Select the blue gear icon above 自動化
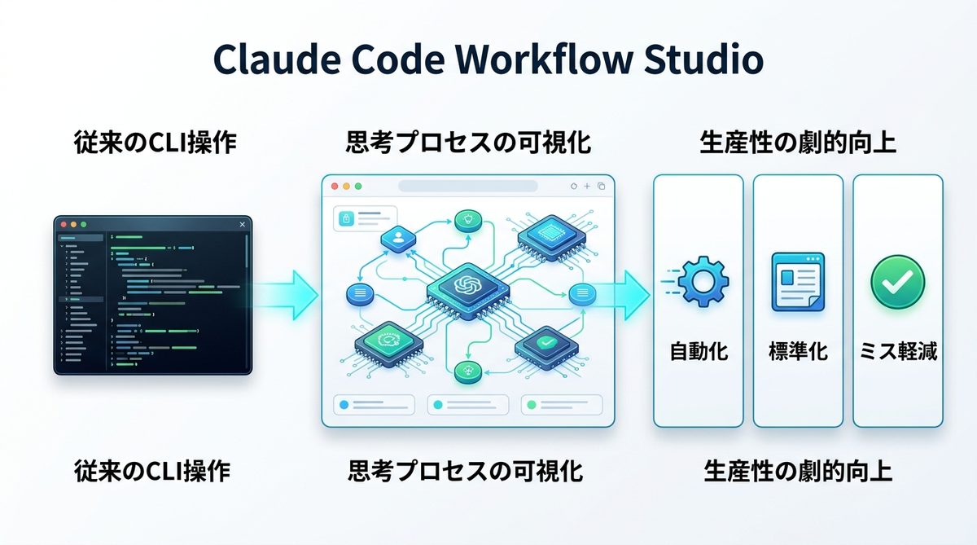pyautogui.click(x=703, y=282)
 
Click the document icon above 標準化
pyautogui.click(x=798, y=281)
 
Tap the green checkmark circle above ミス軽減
pyautogui.click(x=897, y=282)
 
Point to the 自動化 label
pyautogui.click(x=699, y=352)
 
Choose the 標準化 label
pyautogui.click(x=798, y=352)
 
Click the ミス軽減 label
pyautogui.click(x=898, y=352)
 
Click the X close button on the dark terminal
pyautogui.click(x=242, y=224)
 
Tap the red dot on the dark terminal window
pyautogui.click(x=62, y=224)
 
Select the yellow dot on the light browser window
pyautogui.click(x=346, y=187)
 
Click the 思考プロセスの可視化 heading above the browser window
pyautogui.click(x=467, y=144)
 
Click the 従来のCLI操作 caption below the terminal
pyautogui.click(x=152, y=471)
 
